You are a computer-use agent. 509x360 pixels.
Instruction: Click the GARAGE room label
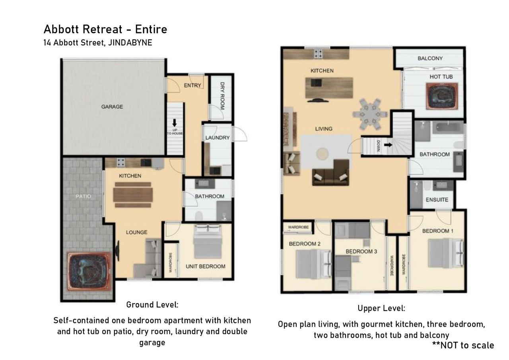click(x=112, y=107)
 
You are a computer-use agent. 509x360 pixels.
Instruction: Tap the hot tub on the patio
click(x=89, y=272)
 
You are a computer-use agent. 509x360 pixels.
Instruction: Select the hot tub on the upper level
click(x=442, y=96)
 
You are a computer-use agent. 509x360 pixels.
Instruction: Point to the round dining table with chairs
click(x=370, y=114)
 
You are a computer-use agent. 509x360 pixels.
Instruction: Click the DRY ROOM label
click(x=222, y=96)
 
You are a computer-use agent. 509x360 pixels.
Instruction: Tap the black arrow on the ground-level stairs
click(x=174, y=123)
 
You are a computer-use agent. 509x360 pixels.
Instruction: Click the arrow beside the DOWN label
click(x=388, y=144)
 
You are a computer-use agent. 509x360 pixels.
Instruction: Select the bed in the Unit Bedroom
click(x=208, y=241)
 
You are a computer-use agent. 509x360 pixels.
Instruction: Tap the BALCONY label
click(x=430, y=58)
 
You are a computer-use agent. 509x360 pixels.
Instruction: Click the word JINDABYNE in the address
click(x=130, y=43)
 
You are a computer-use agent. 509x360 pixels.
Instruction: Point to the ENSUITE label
click(x=437, y=200)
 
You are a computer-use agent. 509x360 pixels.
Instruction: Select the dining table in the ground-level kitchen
click(x=133, y=195)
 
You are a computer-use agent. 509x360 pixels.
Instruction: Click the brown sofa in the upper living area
click(x=331, y=173)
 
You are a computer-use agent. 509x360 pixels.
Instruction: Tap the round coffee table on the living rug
click(x=322, y=153)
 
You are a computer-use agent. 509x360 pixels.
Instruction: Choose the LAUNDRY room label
click(x=218, y=138)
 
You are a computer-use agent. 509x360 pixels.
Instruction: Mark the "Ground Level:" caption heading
click(x=152, y=305)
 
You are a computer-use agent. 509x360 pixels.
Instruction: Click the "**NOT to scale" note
click(x=463, y=345)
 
